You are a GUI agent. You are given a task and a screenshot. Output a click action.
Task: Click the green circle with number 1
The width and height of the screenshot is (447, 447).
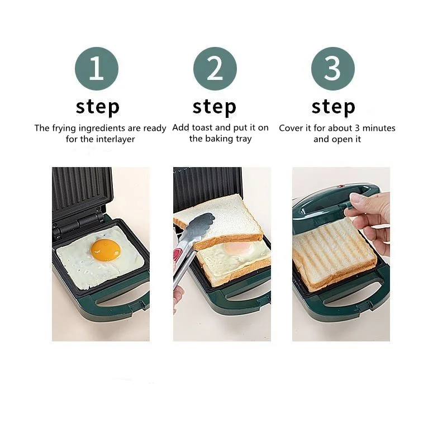click(x=97, y=69)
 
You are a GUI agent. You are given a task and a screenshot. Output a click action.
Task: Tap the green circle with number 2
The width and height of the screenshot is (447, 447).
click(x=215, y=69)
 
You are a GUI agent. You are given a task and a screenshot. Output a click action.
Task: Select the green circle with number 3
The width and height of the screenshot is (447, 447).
click(x=333, y=69)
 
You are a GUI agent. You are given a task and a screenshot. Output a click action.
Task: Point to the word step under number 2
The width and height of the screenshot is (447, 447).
click(x=215, y=106)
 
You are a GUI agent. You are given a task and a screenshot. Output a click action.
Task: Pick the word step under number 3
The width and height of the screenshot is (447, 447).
click(x=333, y=106)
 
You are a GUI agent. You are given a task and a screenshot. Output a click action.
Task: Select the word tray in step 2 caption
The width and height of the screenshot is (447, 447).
click(x=243, y=139)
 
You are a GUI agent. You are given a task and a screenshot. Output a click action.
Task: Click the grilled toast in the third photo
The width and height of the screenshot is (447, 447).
click(x=333, y=254)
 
